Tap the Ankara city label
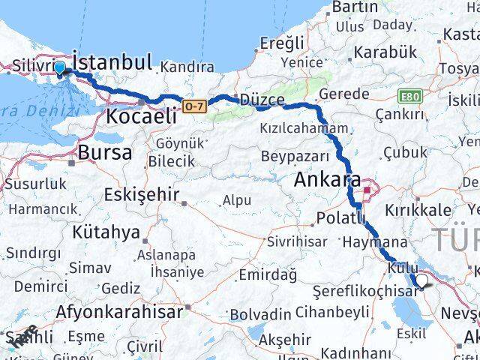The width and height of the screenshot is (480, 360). point(327,180)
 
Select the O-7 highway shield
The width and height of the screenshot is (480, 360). point(193,106)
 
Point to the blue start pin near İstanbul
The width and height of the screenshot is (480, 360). point(60,68)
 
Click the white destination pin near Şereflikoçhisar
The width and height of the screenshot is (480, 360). point(422,280)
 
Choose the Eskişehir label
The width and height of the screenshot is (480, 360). point(141,195)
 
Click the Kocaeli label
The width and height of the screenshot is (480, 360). point(142,116)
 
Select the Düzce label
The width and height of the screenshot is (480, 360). point(262,100)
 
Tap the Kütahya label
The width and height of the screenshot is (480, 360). point(106,232)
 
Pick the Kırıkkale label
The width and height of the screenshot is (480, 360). point(419,210)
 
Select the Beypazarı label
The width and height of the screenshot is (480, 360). point(295,157)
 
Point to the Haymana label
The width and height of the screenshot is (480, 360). point(374,243)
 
